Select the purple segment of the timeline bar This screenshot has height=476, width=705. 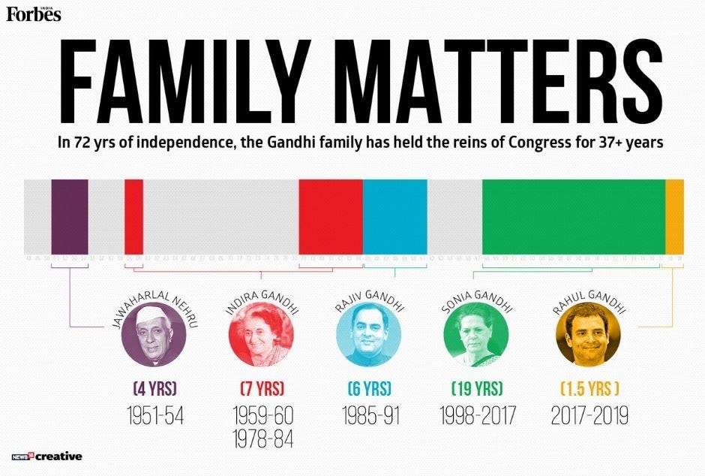(69, 217)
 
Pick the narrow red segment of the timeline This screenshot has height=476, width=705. (133, 217)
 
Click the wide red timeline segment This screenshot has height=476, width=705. (331, 217)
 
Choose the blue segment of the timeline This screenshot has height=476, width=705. (395, 217)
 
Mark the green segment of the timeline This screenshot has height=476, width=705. (573, 217)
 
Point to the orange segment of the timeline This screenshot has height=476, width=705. (674, 217)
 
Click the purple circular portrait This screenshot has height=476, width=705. (151, 336)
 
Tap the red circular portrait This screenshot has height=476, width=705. (259, 336)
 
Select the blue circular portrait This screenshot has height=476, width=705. (367, 336)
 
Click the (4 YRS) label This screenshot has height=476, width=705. (154, 389)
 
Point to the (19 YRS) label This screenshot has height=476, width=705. (476, 389)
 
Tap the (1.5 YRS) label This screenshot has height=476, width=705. (589, 389)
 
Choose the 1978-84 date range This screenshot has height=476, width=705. (262, 438)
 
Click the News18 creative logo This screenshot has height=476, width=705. (46, 456)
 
